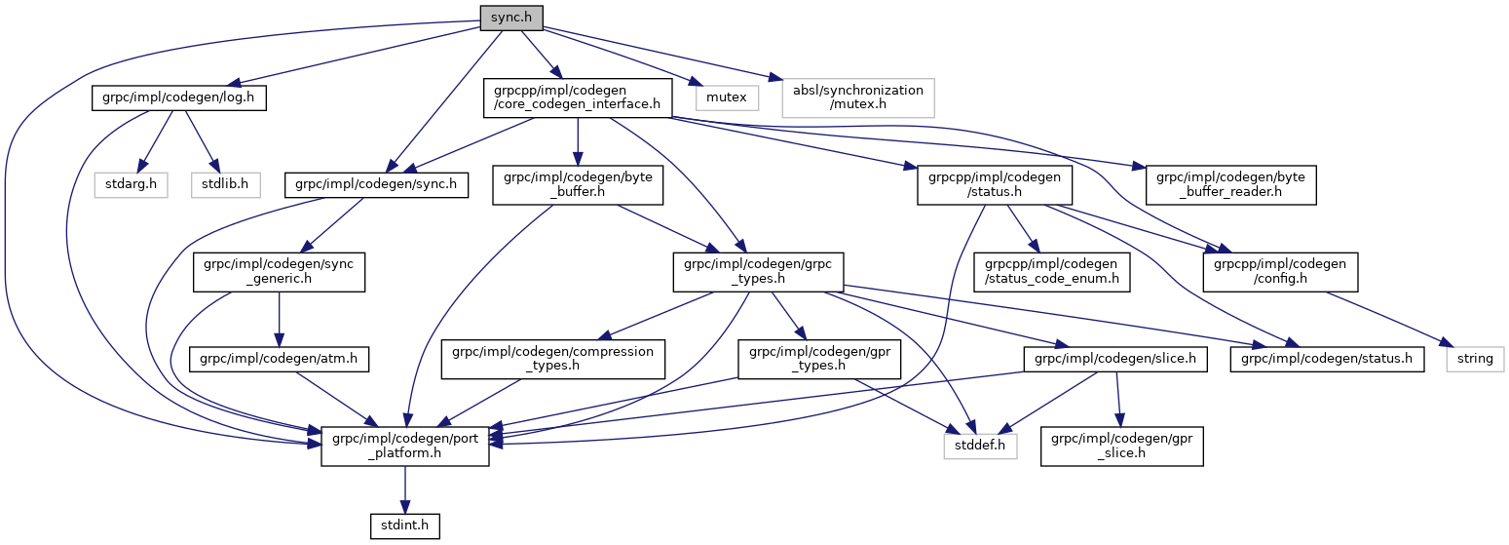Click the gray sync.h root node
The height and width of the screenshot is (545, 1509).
510,17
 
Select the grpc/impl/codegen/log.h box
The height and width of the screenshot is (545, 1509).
178,97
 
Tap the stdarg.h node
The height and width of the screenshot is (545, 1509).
131,182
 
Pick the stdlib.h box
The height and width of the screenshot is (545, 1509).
225,182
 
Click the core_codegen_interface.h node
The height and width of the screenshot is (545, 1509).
578,97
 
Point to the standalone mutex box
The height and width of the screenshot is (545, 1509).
727,97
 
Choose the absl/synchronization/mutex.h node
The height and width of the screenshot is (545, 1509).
857,97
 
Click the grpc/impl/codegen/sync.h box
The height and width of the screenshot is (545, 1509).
376,182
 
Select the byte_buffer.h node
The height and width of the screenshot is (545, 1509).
578,182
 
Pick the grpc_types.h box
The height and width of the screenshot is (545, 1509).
758,271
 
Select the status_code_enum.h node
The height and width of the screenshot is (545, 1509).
1052,271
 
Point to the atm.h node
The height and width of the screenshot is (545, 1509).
279,358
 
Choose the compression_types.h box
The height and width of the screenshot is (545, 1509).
552,358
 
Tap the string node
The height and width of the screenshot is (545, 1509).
1475,358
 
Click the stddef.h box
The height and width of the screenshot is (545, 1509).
980,447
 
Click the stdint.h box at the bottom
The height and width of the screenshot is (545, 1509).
405,526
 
